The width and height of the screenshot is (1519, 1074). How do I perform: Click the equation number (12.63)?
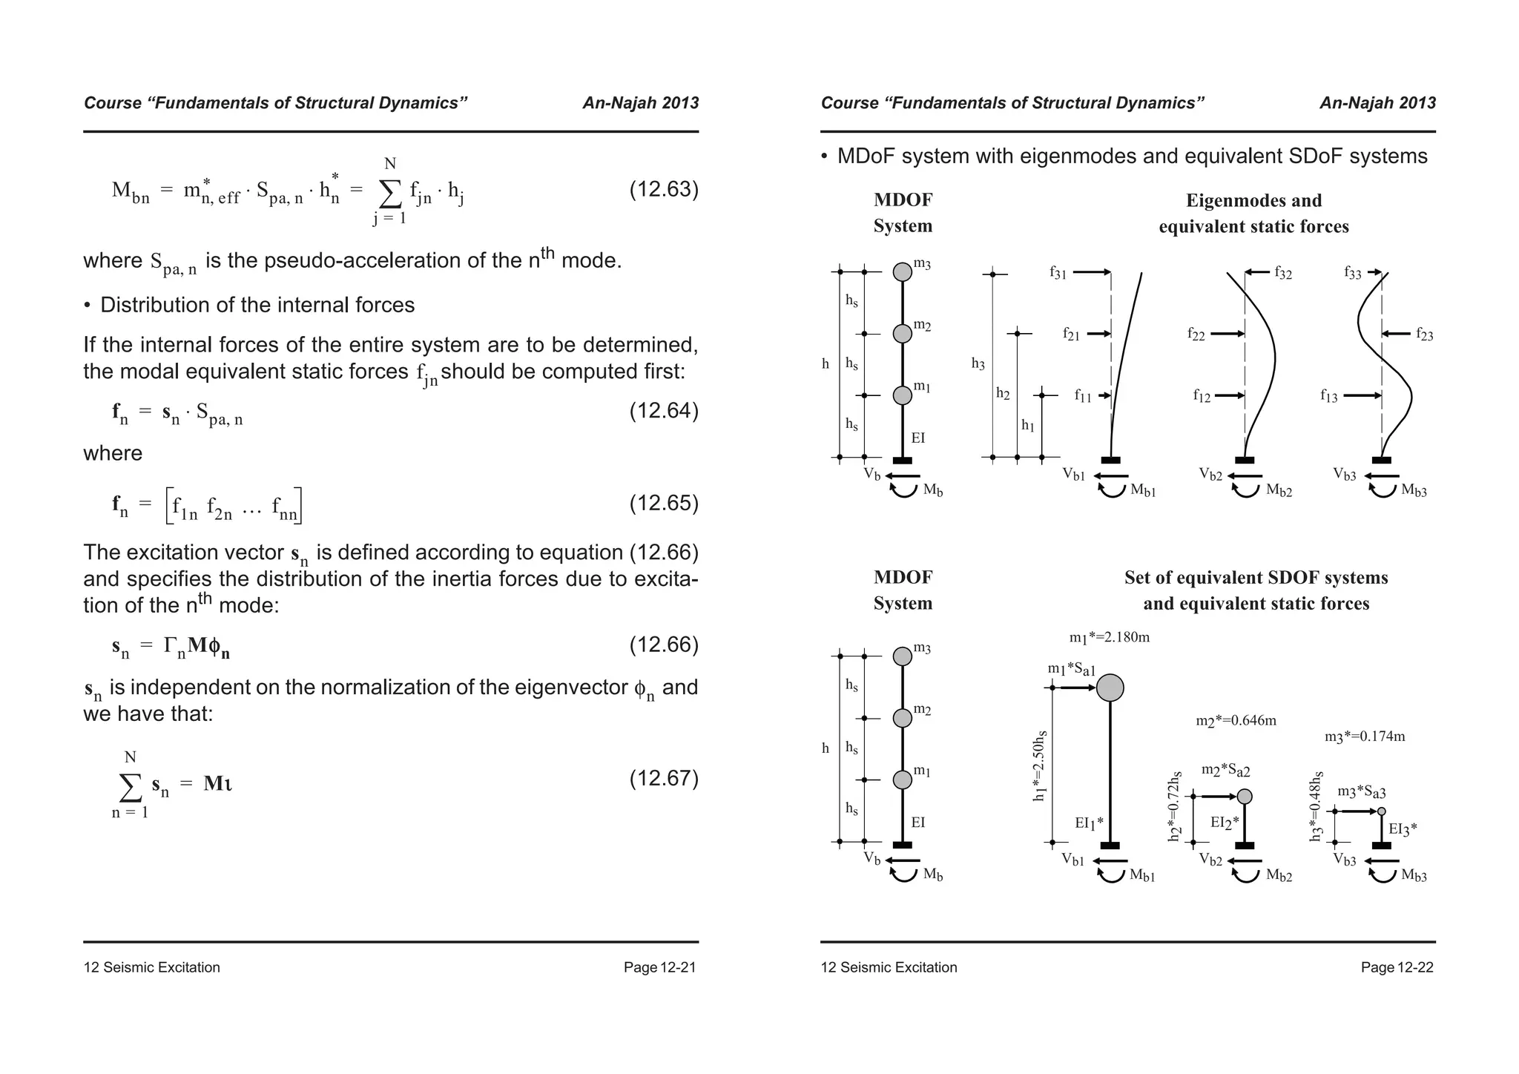(x=664, y=190)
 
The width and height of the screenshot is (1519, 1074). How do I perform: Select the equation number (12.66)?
(x=664, y=645)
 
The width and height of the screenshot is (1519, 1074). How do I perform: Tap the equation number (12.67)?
(x=664, y=778)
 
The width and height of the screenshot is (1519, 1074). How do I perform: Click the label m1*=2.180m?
(x=1109, y=637)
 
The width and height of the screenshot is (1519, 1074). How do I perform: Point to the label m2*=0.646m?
(x=1236, y=720)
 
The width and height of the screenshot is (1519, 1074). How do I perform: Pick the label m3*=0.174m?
(x=1365, y=737)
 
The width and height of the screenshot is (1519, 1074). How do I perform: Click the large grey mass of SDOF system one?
(x=1110, y=688)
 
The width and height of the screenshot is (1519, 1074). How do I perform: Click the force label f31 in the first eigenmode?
(x=1058, y=273)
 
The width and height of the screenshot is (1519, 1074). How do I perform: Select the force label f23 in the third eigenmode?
(x=1424, y=335)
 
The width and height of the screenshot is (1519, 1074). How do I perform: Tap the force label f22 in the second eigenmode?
(x=1196, y=335)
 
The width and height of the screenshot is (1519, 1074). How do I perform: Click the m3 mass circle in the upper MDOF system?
(x=902, y=272)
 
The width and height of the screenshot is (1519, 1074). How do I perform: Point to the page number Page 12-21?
(x=659, y=967)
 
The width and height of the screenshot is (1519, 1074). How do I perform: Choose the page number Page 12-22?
(x=1397, y=967)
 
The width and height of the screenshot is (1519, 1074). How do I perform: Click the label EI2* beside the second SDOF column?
(x=1225, y=822)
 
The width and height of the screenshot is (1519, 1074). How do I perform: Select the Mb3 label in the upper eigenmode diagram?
(x=1414, y=491)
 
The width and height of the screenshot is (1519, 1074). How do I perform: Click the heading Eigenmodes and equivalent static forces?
(x=1253, y=213)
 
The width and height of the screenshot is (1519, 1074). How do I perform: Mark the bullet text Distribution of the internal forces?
(x=257, y=305)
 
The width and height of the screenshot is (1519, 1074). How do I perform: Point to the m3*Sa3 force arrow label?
(x=1361, y=792)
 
